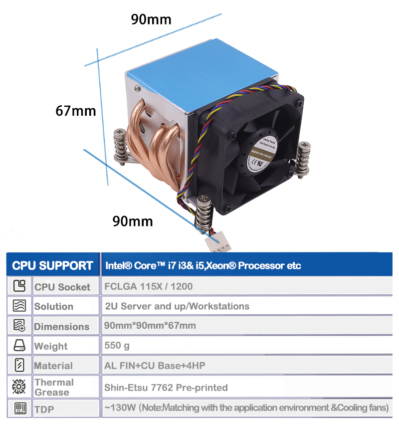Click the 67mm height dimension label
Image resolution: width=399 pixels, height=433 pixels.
tap(75, 110)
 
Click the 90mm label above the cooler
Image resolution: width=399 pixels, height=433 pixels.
tap(151, 19)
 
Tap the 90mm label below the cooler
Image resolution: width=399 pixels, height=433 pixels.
tap(132, 220)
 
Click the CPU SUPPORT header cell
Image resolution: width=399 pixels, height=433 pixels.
tap(52, 265)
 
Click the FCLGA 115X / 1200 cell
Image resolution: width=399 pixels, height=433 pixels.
tap(148, 287)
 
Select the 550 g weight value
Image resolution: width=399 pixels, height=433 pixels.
tap(117, 345)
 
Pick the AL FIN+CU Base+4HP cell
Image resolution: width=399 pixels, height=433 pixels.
tap(155, 365)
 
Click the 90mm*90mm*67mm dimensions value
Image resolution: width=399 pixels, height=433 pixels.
tap(150, 326)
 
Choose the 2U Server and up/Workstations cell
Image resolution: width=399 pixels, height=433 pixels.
tap(177, 306)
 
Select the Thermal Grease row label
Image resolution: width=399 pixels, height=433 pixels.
tap(54, 387)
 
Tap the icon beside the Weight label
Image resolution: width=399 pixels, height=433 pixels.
tap(19, 346)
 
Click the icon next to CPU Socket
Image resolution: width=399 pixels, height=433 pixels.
tap(19, 286)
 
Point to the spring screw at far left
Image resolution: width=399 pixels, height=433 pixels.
tap(120, 145)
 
